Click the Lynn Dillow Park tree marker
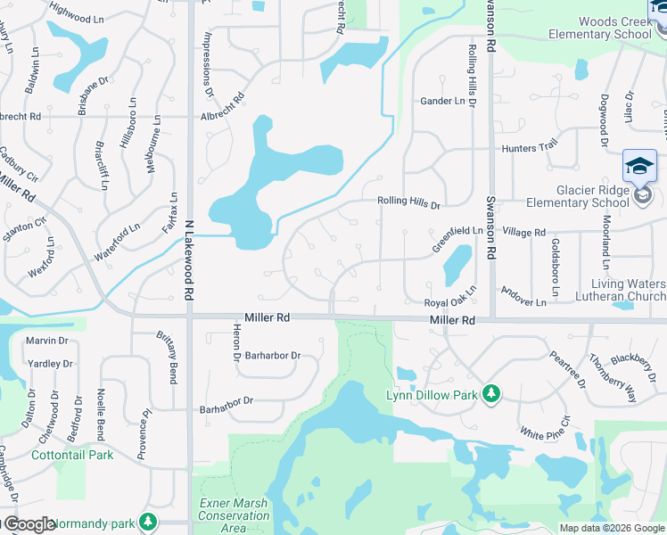click(x=490, y=393)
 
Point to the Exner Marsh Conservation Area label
click(x=234, y=515)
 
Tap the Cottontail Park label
click(x=72, y=455)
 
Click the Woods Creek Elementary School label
click(x=602, y=29)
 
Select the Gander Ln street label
click(x=443, y=102)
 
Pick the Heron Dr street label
click(x=236, y=342)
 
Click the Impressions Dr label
click(x=209, y=63)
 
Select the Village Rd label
click(x=523, y=232)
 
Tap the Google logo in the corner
click(x=30, y=525)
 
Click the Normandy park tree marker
click(x=148, y=520)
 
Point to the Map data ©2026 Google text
click(x=611, y=528)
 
